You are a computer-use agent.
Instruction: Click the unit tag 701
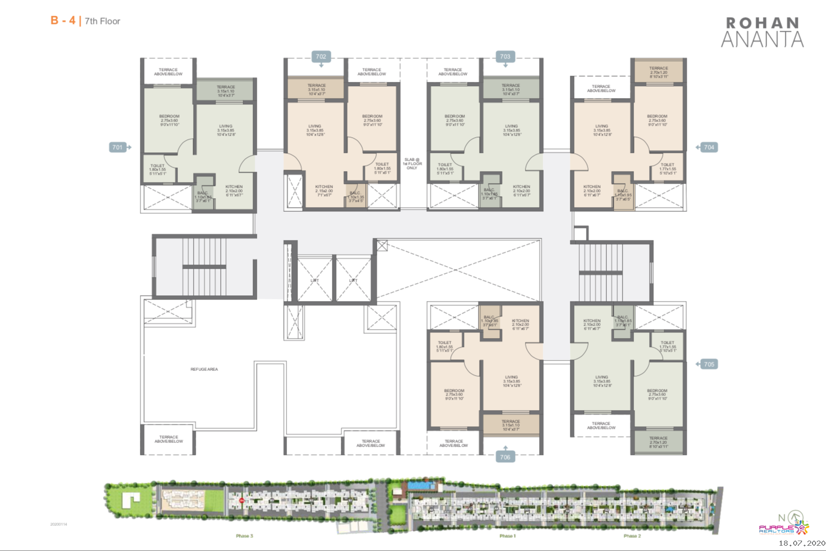click(117, 147)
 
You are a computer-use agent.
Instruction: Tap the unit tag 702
click(321, 56)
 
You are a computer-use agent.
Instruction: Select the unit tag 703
click(505, 56)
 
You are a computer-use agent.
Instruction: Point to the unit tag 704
click(709, 147)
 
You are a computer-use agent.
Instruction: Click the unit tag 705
click(709, 364)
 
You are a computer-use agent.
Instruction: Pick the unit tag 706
click(505, 457)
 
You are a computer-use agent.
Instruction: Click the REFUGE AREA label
click(204, 369)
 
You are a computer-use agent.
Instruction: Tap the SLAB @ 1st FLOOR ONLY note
click(412, 164)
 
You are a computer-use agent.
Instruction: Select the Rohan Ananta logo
click(762, 32)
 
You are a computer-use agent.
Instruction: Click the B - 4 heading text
click(63, 21)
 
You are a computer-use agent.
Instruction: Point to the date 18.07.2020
click(801, 543)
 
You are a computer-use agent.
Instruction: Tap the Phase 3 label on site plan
click(244, 536)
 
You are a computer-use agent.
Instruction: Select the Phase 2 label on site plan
click(632, 536)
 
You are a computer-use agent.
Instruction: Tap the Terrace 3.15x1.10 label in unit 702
click(316, 89)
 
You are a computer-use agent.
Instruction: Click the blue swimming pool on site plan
click(421, 486)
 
